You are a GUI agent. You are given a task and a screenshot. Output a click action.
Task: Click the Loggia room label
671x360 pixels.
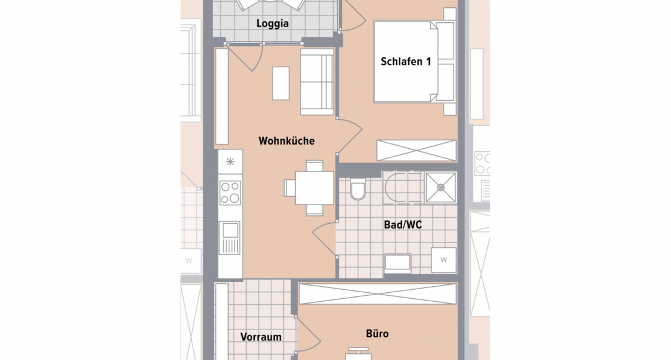point(272,24)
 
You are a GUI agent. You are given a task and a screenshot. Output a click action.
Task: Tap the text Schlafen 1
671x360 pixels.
point(406,61)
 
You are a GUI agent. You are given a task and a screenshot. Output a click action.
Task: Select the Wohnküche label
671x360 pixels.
point(286,141)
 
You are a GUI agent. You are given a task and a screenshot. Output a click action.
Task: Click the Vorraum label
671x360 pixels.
point(261,337)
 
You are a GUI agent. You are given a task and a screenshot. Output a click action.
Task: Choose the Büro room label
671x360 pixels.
point(377,334)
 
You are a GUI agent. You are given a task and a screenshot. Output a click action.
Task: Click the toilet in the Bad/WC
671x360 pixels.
point(358,190)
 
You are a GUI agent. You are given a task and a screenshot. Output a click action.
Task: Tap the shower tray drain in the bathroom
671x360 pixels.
point(441,187)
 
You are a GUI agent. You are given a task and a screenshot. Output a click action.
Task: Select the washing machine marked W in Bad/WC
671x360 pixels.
point(444,260)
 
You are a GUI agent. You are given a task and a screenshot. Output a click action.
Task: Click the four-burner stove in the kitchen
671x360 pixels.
point(230,193)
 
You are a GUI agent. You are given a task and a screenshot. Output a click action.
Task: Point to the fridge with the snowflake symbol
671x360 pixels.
point(230,161)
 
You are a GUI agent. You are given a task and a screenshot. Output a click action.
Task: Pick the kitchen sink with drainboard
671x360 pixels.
point(230,238)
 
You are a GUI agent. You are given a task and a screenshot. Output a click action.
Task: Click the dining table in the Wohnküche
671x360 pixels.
point(310,188)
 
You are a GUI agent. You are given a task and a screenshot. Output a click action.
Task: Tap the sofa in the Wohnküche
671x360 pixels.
point(317,82)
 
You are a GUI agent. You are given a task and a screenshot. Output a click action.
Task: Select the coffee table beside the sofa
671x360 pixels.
point(281,83)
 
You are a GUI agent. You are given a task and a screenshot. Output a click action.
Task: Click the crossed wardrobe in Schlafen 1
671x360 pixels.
point(417,150)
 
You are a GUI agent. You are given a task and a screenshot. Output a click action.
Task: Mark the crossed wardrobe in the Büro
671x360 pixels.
point(378,293)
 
